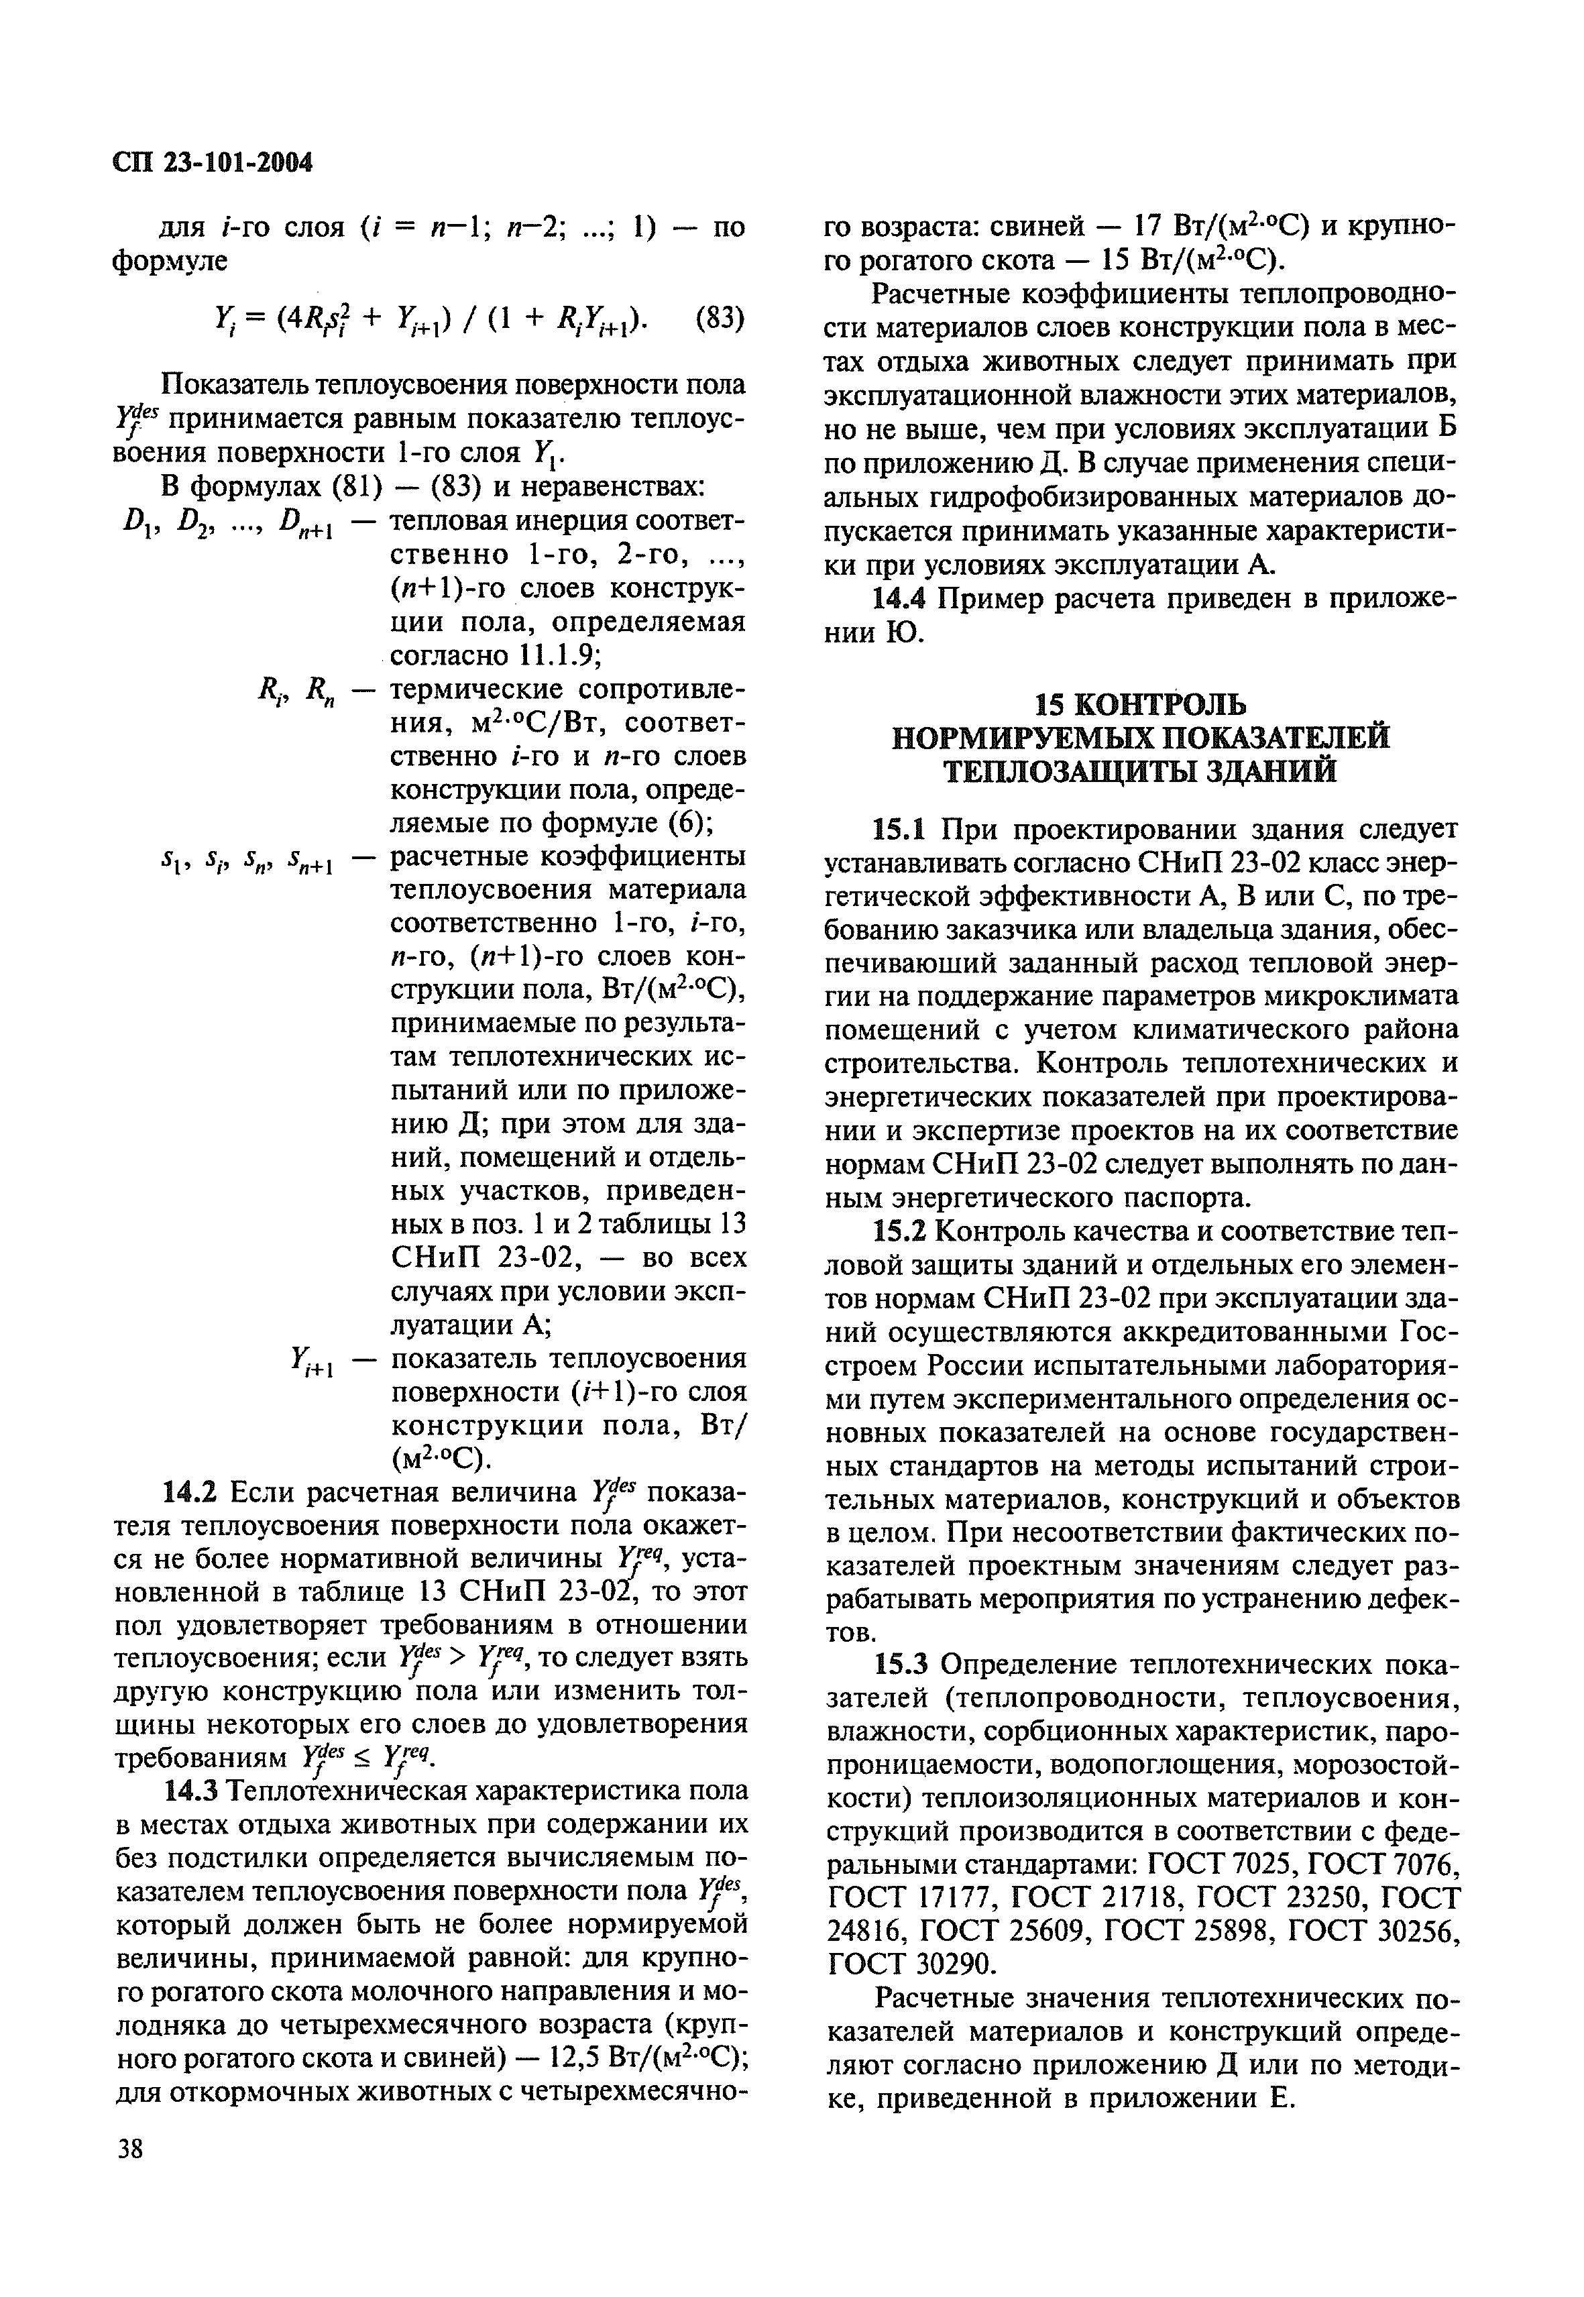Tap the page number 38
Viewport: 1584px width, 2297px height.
coord(130,2149)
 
